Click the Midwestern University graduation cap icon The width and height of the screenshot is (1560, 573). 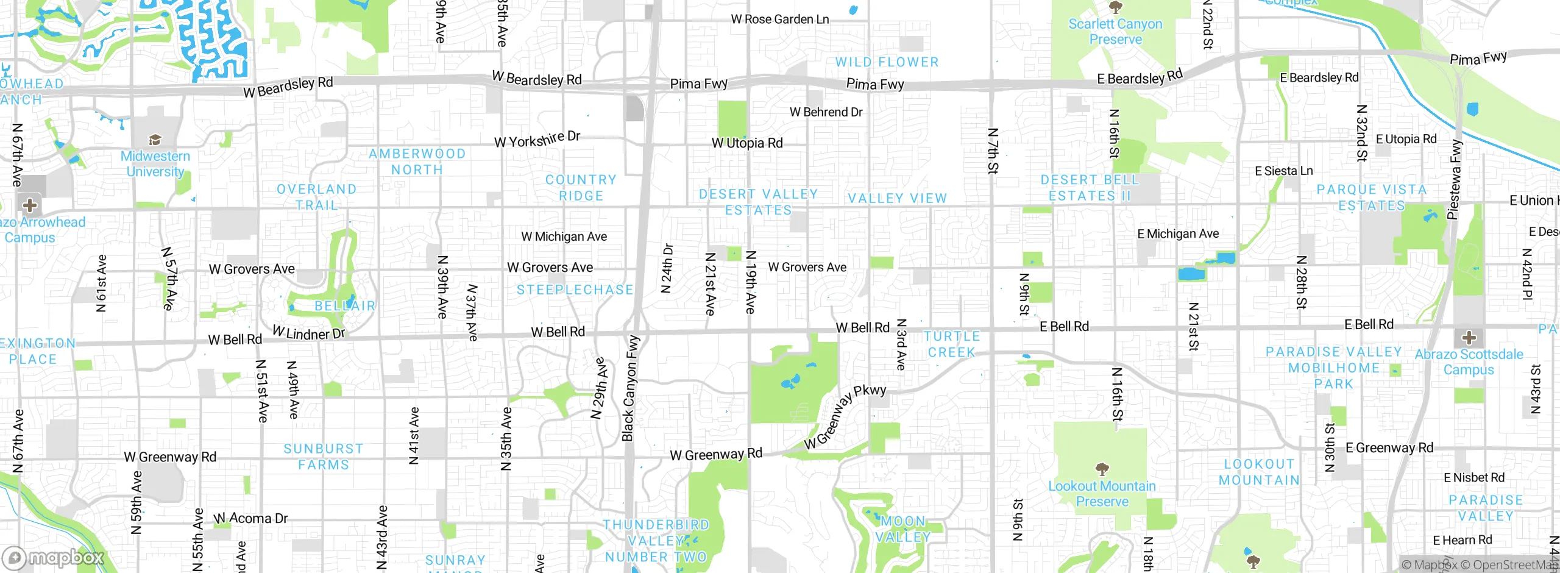[155, 140]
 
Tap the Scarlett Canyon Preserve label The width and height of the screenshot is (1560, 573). [1115, 32]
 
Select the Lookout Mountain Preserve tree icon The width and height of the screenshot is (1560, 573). [1102, 469]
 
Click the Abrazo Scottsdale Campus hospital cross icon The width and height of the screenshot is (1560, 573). [1469, 337]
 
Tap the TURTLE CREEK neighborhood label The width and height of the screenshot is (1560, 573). [951, 344]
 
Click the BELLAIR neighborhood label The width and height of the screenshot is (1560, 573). [345, 306]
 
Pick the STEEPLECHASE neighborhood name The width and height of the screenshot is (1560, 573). [575, 290]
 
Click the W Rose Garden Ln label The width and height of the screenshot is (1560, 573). [779, 20]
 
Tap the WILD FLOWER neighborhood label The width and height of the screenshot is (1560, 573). [887, 62]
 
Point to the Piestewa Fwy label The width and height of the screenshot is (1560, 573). [1455, 179]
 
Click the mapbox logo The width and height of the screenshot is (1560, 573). [54, 557]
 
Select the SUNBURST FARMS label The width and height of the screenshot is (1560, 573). [323, 457]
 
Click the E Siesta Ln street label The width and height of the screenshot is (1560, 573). [1283, 171]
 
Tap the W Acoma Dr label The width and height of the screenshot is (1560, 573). [250, 519]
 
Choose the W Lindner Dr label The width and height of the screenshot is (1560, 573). [308, 333]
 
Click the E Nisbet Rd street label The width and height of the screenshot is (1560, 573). [1473, 478]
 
